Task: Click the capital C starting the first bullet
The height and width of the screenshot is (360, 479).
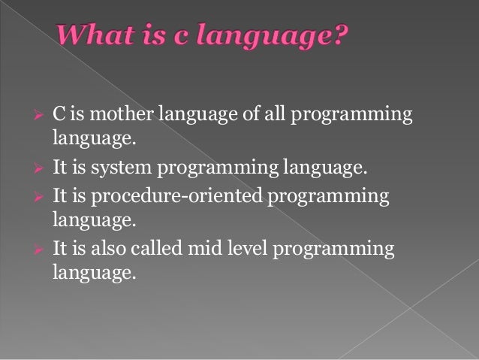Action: point(57,113)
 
